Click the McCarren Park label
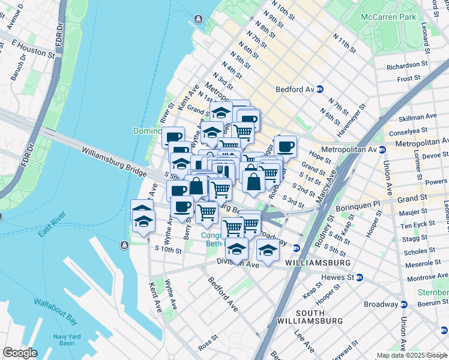(388, 17)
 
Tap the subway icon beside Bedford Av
(321, 89)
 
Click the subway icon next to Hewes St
(360, 277)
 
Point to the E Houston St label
(33, 52)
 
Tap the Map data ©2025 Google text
(411, 355)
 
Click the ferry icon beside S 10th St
(123, 245)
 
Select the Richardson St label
(407, 67)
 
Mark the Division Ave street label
(241, 263)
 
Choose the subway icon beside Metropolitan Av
(382, 149)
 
